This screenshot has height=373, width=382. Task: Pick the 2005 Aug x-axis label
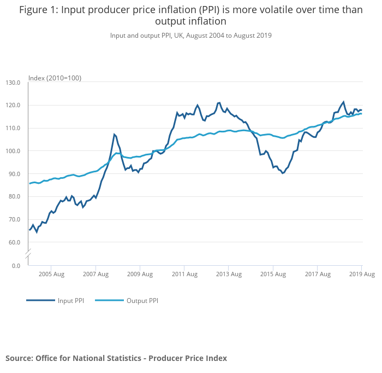tap(51, 275)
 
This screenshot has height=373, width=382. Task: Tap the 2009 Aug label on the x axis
tap(140, 275)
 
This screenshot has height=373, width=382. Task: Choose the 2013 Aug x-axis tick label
tap(229, 275)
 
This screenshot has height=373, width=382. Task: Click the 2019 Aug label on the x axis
tap(361, 275)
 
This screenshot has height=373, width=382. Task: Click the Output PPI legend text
tap(142, 301)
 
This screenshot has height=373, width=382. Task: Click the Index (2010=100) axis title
tap(55, 78)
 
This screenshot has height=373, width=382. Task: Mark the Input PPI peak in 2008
tap(115, 134)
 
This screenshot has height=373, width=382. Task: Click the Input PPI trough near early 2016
tap(283, 173)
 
